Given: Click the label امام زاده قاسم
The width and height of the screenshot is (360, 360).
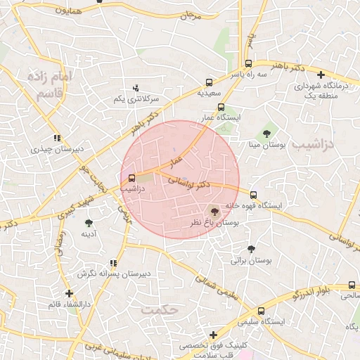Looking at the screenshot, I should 49,84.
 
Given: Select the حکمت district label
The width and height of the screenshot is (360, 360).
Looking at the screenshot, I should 161,309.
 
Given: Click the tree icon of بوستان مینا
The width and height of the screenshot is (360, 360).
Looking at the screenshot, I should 267,133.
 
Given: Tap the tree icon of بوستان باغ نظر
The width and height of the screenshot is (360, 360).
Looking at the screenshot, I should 214,210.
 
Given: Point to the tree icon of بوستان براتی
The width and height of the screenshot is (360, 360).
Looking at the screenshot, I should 251,248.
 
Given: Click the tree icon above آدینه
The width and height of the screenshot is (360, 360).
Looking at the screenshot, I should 89,223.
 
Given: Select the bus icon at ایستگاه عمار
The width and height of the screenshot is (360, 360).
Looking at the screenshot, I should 221,108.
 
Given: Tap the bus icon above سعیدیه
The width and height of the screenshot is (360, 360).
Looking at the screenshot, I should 209,82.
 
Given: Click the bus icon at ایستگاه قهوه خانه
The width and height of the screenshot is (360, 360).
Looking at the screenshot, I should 253,195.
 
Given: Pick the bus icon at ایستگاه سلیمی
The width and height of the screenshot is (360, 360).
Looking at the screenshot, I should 262,310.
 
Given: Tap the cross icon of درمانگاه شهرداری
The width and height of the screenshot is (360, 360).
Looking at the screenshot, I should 321,75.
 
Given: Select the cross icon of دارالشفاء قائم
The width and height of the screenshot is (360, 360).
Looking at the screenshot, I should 69,293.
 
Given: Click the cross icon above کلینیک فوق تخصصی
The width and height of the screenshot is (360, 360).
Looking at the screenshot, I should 212,335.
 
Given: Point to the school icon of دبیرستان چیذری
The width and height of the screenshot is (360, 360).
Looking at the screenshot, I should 57,139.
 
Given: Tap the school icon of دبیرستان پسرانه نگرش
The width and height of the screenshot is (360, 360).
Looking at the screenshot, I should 114,263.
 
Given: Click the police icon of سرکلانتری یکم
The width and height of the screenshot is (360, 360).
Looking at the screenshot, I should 136,88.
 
